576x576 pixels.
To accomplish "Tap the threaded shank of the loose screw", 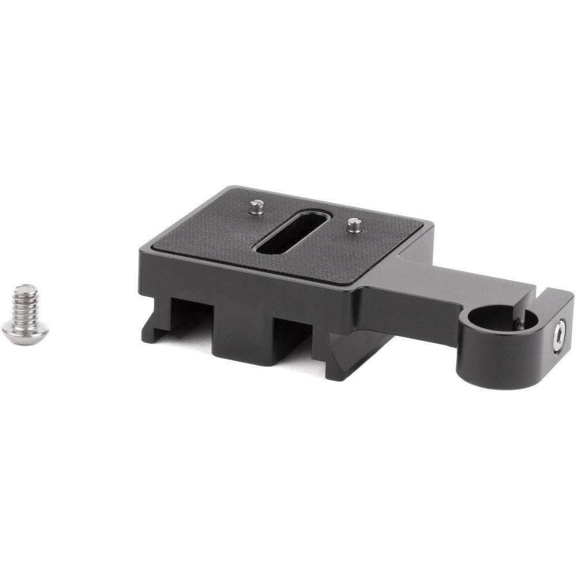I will coord(25,302).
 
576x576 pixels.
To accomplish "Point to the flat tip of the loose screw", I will coord(23,288).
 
